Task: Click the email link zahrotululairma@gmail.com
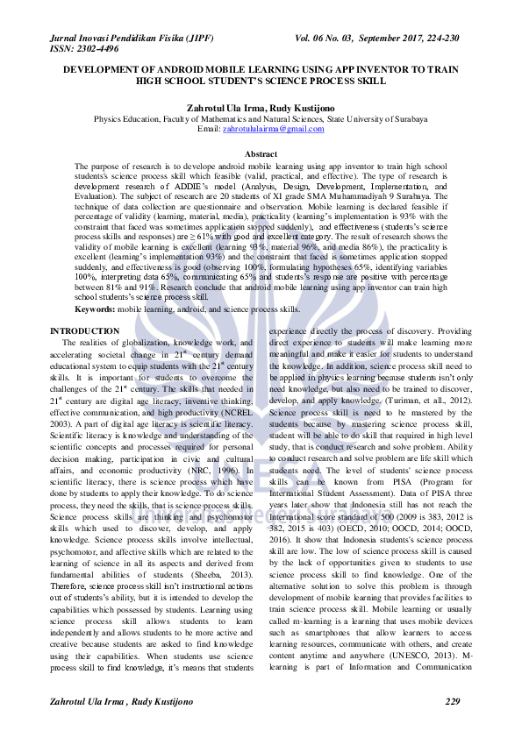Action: [x=274, y=129]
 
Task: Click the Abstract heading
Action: [x=261, y=154]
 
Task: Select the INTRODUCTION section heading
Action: [x=85, y=330]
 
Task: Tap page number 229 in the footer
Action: [x=453, y=703]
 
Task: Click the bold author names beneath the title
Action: [x=261, y=106]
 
